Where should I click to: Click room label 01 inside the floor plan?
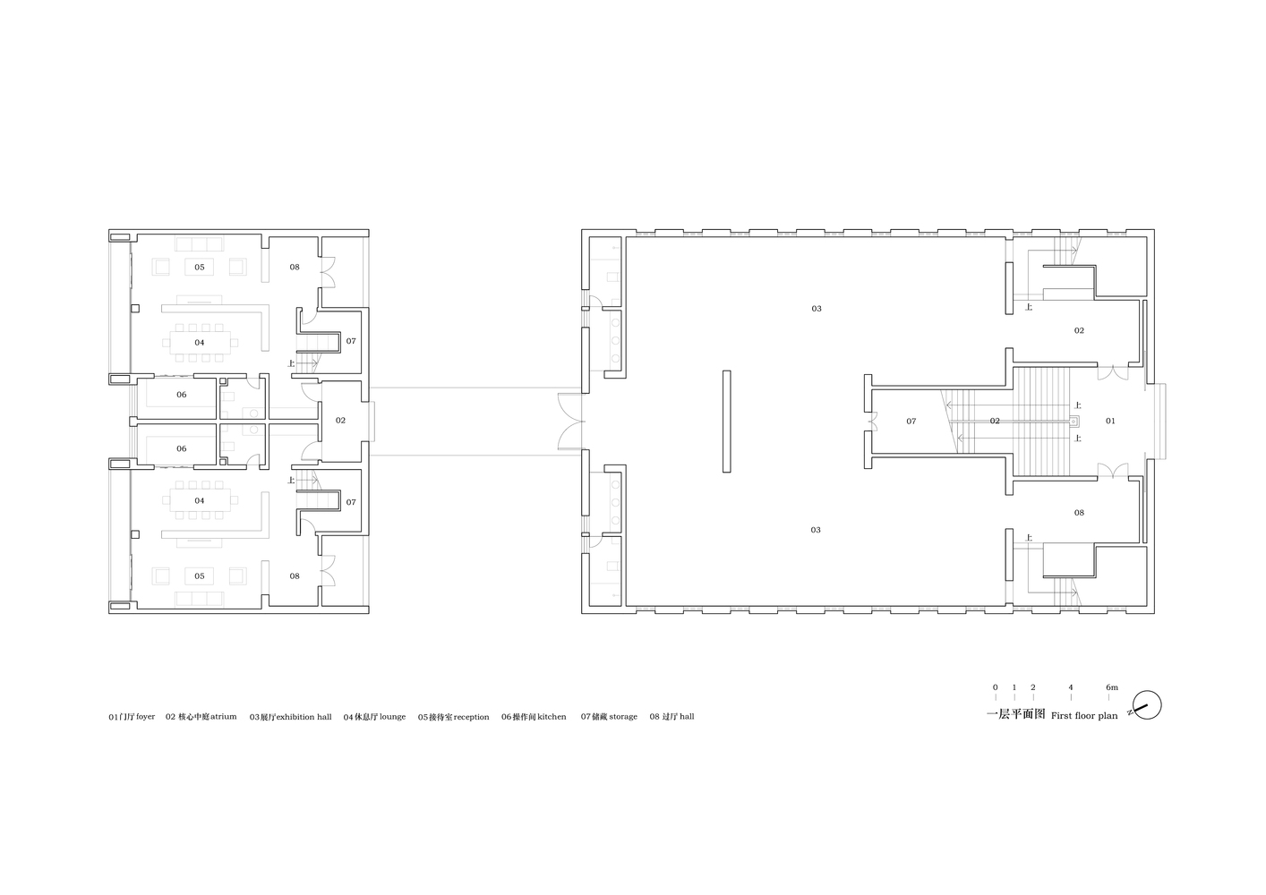click(x=1110, y=421)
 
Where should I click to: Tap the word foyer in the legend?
click(x=145, y=717)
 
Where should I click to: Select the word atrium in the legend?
click(x=224, y=717)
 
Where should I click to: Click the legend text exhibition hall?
click(x=304, y=717)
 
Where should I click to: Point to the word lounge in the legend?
click(x=393, y=717)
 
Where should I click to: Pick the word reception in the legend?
click(x=471, y=717)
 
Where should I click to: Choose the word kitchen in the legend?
click(x=552, y=717)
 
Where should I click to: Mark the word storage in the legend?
click(x=623, y=717)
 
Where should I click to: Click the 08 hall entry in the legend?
click(x=672, y=717)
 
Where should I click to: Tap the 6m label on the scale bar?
click(x=1112, y=687)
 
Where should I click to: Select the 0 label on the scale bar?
click(x=996, y=687)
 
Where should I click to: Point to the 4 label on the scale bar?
click(x=1071, y=687)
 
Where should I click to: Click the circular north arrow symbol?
click(x=1147, y=705)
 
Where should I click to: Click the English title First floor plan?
click(x=1084, y=716)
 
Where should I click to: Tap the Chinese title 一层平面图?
click(x=1015, y=714)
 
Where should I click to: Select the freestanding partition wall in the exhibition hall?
click(x=726, y=421)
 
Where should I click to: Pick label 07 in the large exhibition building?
click(x=911, y=421)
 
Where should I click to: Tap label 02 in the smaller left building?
click(x=340, y=421)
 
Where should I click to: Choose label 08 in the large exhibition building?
click(x=1079, y=513)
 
